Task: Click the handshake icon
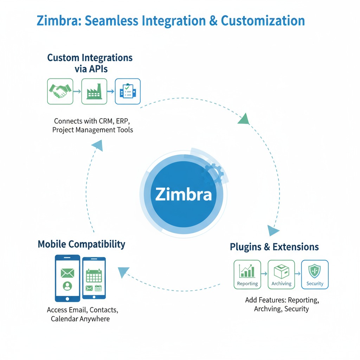pyautogui.click(x=60, y=91)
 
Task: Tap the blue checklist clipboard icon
pyautogui.click(x=128, y=91)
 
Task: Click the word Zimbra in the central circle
pyautogui.click(x=184, y=194)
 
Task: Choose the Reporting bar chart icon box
pyautogui.click(x=247, y=274)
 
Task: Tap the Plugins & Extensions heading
pyautogui.click(x=274, y=247)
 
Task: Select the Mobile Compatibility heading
pyautogui.click(x=81, y=244)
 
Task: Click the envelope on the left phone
pyautogui.click(x=67, y=272)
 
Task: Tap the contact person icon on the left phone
pyautogui.click(x=67, y=286)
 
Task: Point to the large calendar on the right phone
pyautogui.click(x=94, y=276)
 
